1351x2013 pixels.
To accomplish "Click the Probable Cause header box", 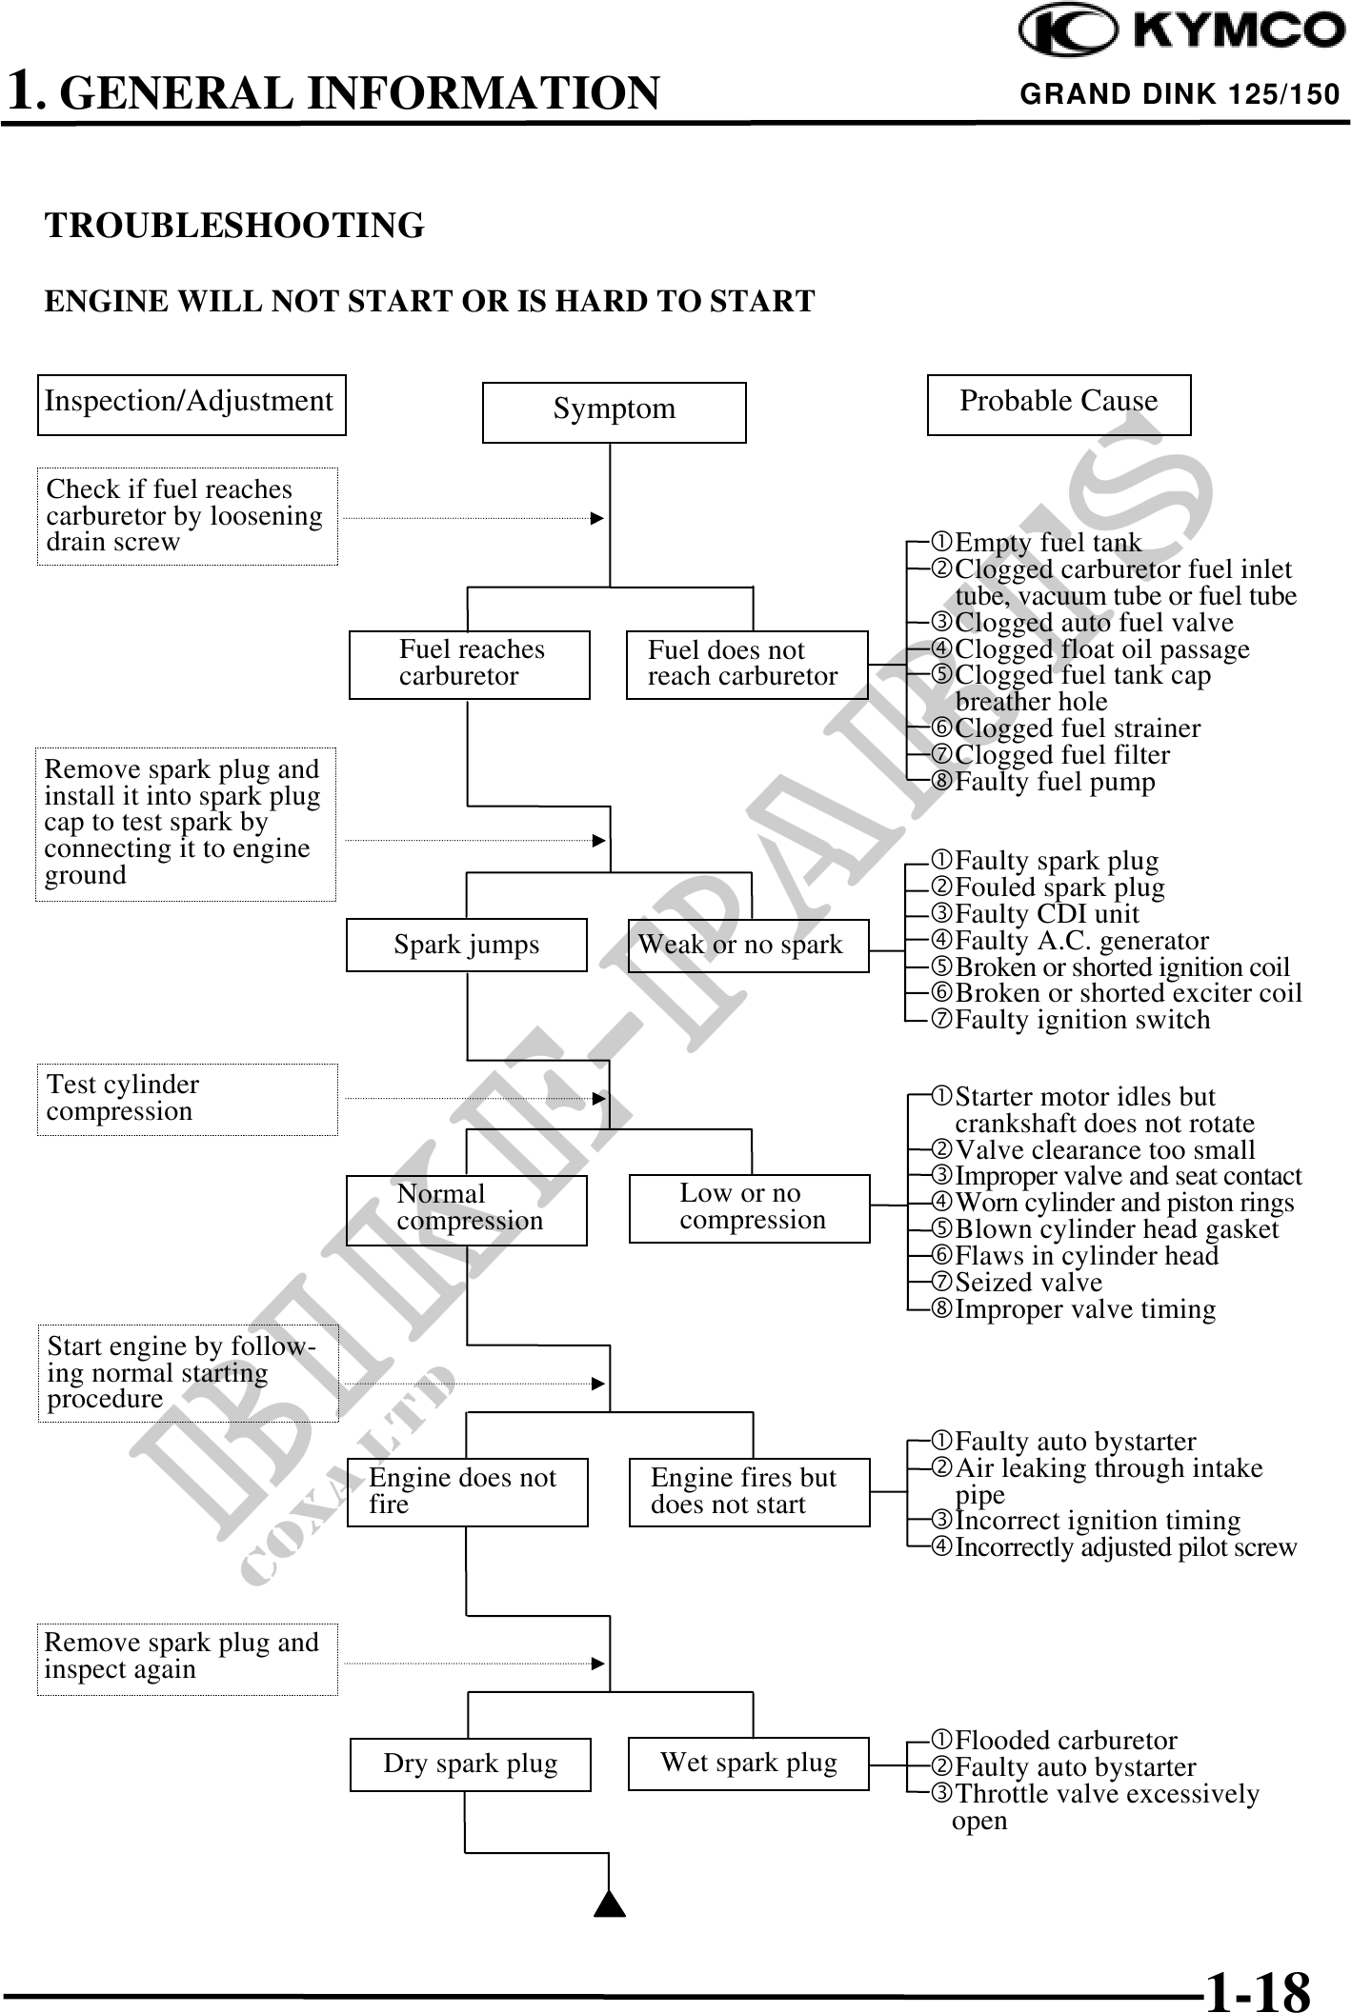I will [x=1059, y=404].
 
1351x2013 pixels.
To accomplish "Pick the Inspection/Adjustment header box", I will [x=191, y=404].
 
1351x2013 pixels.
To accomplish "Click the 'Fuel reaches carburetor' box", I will [x=469, y=664].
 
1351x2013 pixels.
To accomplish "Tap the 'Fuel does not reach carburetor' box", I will [x=747, y=664].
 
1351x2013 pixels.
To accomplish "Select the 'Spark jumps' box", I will [x=466, y=945].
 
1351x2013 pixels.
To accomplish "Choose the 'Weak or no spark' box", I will [x=748, y=945].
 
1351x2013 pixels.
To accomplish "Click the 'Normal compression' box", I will [x=466, y=1209].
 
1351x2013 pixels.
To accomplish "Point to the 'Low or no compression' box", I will [x=749, y=1207].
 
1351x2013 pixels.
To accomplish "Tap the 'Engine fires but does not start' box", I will [x=749, y=1491].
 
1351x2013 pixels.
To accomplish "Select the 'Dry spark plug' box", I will [x=470, y=1764].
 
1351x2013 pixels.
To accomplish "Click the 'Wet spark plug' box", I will [x=748, y=1763].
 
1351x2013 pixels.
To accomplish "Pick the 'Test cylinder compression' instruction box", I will [x=187, y=1099].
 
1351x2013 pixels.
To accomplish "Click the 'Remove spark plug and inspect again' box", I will [x=187, y=1658].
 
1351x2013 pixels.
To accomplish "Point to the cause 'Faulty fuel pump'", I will [x=1055, y=782].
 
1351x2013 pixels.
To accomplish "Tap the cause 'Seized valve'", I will [x=1028, y=1283].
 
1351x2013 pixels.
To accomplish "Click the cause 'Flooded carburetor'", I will [x=1065, y=1741].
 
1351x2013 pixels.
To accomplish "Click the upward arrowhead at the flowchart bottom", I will [x=610, y=1904].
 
